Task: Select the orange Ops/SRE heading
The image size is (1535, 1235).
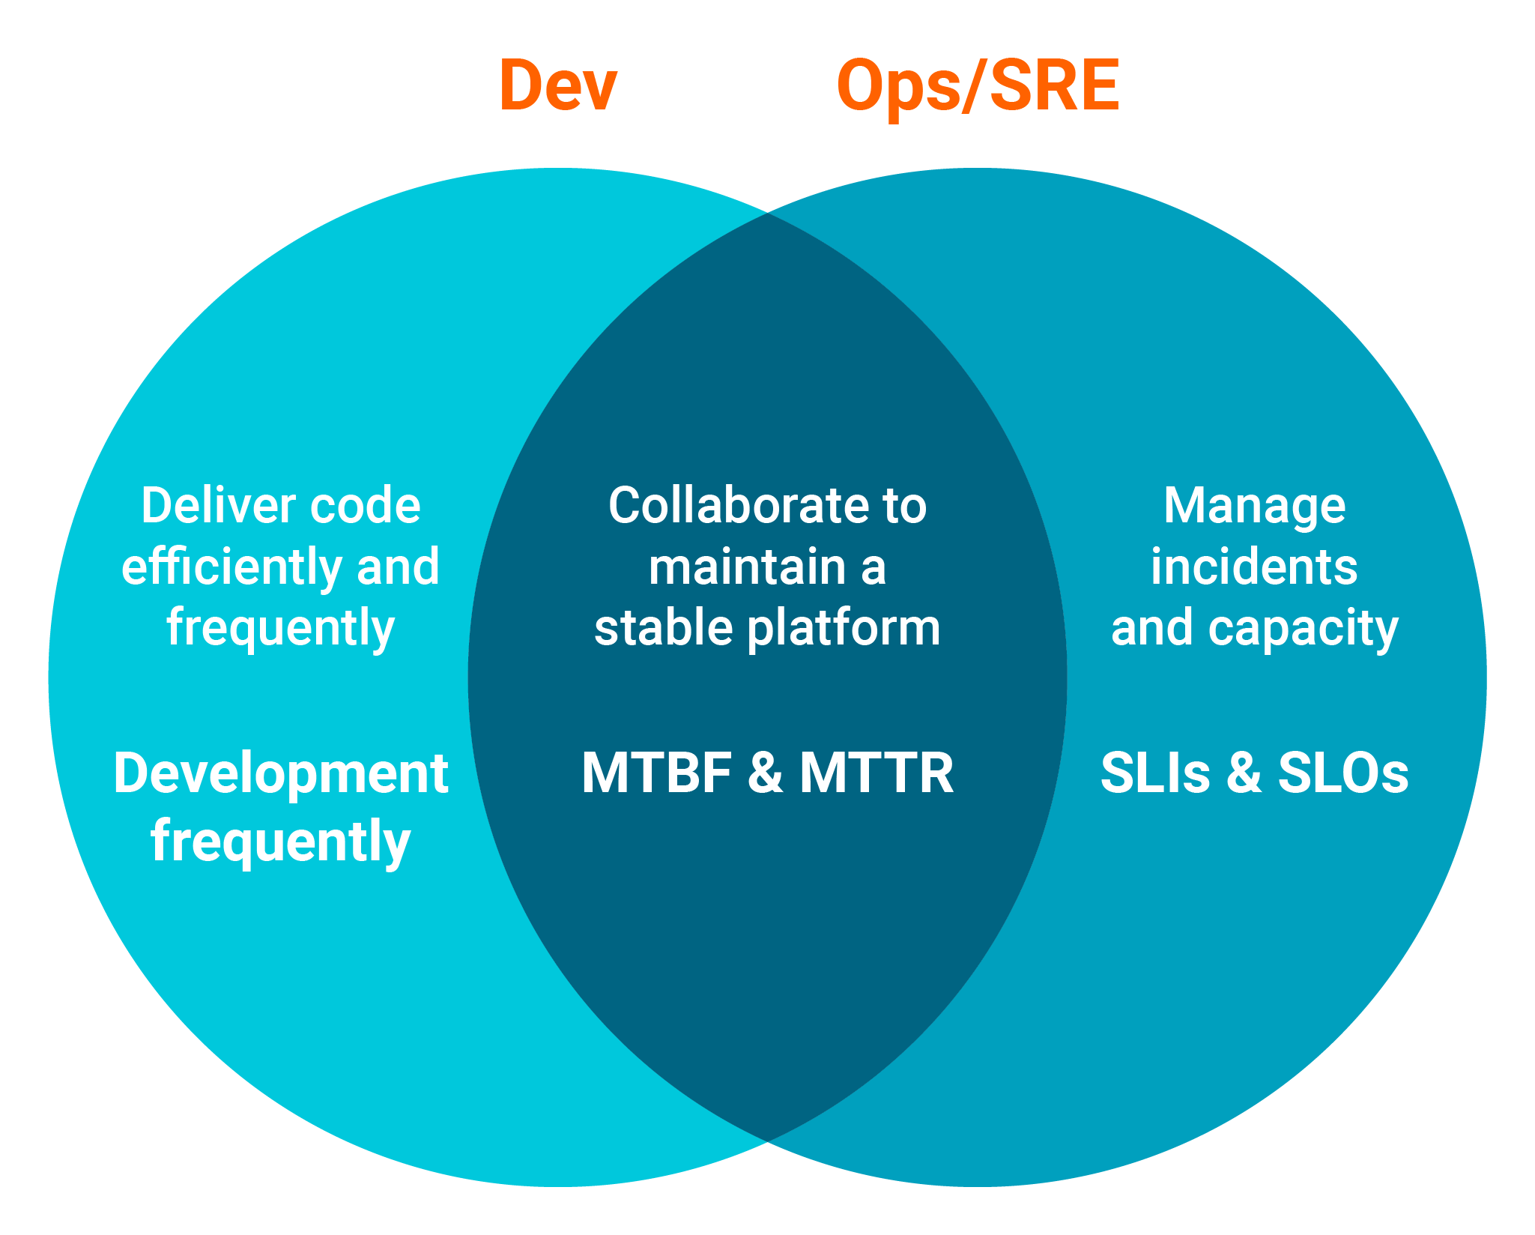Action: [x=978, y=86]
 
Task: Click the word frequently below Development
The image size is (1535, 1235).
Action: [x=281, y=842]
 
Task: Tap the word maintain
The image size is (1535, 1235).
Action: [x=745, y=567]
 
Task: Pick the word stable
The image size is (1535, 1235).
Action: [x=663, y=627]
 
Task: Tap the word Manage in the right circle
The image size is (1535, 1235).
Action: [x=1254, y=507]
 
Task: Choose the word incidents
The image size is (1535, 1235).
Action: [x=1254, y=567]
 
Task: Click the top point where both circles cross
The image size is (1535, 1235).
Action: [x=767, y=214]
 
